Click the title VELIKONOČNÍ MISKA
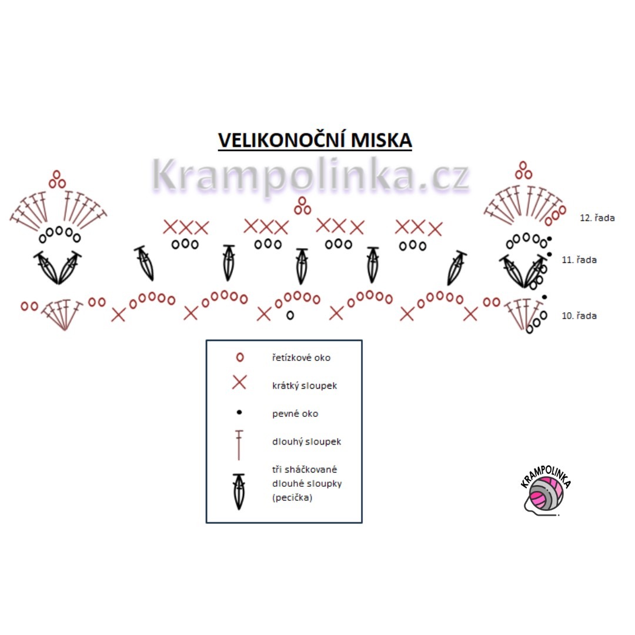315,141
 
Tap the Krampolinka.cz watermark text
310,175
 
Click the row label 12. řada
597,218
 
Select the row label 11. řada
579,259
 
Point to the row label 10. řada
579,316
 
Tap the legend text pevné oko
295,414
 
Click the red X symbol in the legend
239,383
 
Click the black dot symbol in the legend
239,413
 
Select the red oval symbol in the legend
239,357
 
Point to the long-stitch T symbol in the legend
239,444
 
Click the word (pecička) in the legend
292,497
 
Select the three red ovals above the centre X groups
303,206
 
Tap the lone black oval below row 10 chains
290,315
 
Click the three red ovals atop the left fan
57,180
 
